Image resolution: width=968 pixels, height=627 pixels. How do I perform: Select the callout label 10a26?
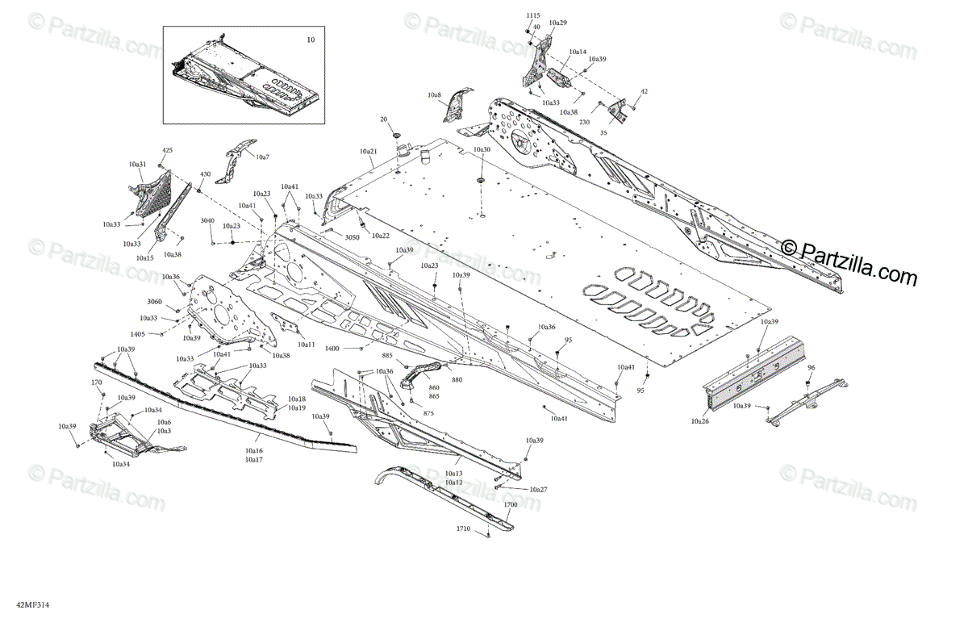click(x=700, y=420)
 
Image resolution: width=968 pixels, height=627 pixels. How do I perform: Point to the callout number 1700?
click(x=511, y=505)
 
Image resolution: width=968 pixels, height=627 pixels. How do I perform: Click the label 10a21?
click(x=369, y=152)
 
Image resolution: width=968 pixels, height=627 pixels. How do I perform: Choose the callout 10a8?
click(x=435, y=95)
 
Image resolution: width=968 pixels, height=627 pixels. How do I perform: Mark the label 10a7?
click(x=263, y=156)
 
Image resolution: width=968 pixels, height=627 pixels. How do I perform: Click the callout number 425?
click(x=168, y=151)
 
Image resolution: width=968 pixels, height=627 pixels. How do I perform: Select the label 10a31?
click(x=137, y=164)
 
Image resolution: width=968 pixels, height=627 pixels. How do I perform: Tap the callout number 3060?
click(x=155, y=302)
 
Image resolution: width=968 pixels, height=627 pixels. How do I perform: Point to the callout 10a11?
click(x=306, y=345)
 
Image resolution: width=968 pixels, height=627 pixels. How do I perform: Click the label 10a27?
click(x=539, y=490)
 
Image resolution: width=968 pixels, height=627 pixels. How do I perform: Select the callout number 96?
click(x=812, y=368)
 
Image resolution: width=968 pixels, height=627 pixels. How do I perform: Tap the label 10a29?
click(x=557, y=23)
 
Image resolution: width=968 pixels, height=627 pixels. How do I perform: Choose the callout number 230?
click(x=583, y=123)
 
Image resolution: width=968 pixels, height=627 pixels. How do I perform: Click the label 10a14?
click(x=578, y=52)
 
